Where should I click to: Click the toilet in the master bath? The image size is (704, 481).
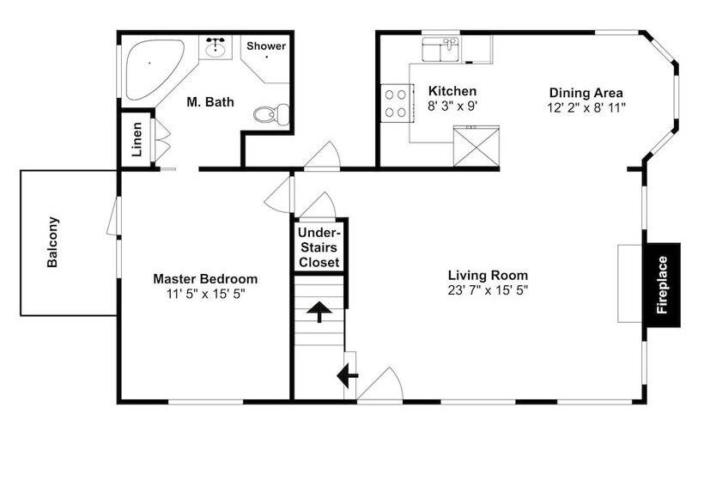(271, 114)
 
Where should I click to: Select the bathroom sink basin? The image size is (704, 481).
(215, 47)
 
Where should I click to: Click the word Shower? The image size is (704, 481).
(266, 46)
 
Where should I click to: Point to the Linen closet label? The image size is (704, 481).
(137, 139)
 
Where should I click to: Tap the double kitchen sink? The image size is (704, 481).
(441, 50)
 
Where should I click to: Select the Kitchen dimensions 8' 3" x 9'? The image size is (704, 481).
(452, 107)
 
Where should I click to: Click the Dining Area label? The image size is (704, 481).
(586, 93)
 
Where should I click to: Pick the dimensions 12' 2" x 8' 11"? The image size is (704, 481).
(586, 107)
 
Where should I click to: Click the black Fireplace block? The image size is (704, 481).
(663, 285)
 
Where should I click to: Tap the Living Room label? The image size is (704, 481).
(488, 275)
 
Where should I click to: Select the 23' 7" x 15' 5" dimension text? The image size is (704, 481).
(488, 290)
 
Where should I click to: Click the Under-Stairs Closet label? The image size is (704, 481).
(319, 247)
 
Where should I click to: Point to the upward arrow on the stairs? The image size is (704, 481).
(319, 312)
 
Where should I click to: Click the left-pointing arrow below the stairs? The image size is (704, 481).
(347, 376)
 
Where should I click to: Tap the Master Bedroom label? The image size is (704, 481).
(205, 279)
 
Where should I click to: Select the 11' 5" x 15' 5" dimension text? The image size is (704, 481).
(206, 294)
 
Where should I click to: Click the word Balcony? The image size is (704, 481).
(52, 242)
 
